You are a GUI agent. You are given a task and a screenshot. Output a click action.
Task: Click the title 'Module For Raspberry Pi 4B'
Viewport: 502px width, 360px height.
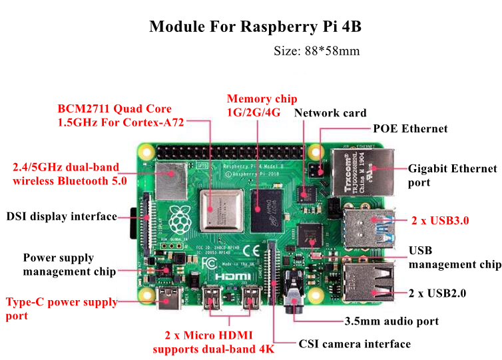point(255,27)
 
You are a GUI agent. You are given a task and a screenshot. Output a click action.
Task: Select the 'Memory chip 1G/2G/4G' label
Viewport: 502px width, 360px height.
point(262,105)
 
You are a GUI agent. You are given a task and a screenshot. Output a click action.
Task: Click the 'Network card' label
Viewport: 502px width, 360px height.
point(330,113)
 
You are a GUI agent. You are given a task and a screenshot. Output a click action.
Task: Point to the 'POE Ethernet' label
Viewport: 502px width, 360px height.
point(410,128)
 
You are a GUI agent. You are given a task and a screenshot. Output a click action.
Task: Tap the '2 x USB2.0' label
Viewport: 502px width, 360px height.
point(437,293)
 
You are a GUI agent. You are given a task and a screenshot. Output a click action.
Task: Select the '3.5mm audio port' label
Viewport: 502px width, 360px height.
point(391,321)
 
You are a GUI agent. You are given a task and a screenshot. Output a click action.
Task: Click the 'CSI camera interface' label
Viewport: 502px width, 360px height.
point(354,344)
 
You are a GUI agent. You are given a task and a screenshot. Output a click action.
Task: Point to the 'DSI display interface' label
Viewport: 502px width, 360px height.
point(62,216)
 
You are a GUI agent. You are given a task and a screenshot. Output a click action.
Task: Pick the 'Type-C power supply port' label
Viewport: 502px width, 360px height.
point(61,309)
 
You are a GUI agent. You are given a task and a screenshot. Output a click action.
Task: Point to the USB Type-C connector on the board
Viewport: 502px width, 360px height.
point(169,299)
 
